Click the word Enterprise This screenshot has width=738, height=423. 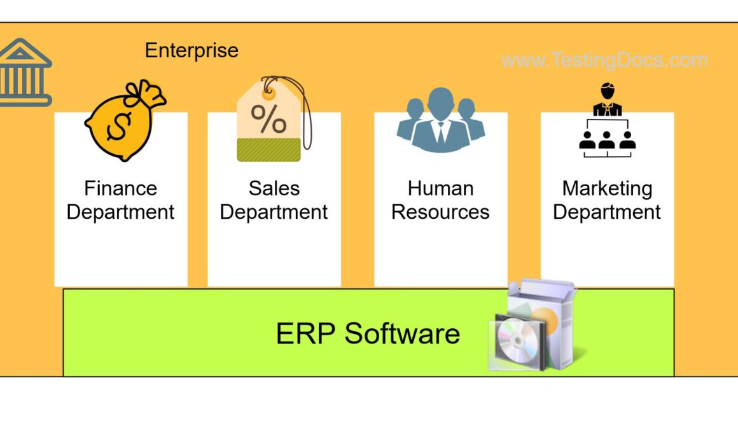[191, 50]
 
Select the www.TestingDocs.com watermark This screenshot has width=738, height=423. [604, 60]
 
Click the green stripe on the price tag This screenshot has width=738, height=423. [268, 150]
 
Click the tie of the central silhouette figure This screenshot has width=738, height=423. [440, 130]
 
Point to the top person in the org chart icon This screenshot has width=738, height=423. [607, 101]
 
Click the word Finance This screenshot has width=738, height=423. [120, 188]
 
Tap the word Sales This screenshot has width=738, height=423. [274, 188]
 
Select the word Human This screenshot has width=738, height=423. [440, 188]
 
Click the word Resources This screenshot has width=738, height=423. [440, 212]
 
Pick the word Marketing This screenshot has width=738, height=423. [607, 188]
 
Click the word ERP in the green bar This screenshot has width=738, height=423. [305, 333]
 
